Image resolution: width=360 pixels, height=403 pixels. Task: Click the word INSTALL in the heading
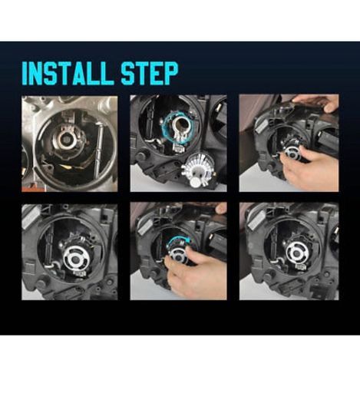[x=68, y=73]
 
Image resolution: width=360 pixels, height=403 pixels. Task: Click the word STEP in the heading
[x=150, y=73]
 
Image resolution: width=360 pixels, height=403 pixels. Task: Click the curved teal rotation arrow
[x=180, y=240]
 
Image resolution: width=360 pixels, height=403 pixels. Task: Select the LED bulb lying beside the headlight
[x=197, y=172]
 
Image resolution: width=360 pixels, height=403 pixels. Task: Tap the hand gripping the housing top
[x=316, y=102]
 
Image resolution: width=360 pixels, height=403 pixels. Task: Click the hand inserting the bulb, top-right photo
[x=309, y=167]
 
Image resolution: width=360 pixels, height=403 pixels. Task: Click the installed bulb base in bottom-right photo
[x=297, y=253]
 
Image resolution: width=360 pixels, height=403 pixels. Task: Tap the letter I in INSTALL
[x=25, y=73]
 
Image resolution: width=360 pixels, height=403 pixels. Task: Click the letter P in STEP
[x=170, y=73]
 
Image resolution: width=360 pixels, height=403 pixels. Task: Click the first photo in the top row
[x=70, y=144]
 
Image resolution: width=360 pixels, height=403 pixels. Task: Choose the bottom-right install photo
[x=289, y=251]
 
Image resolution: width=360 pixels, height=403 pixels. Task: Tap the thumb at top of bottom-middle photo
[x=220, y=208]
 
